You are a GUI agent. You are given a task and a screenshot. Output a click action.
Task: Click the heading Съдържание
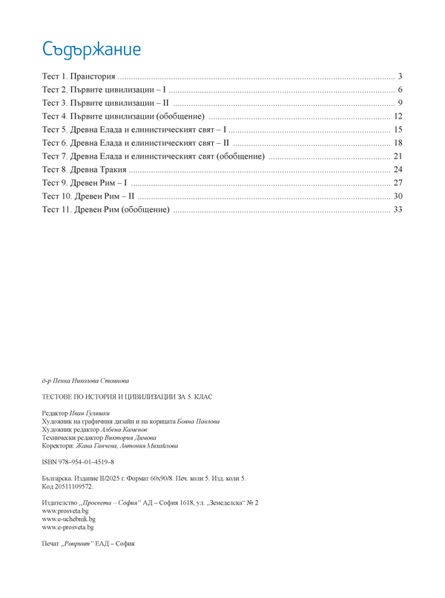[x=91, y=50]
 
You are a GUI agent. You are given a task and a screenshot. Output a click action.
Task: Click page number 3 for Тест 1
[x=399, y=76]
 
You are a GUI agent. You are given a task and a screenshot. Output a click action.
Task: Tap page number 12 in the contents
[x=398, y=116]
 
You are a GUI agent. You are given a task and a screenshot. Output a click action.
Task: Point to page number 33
[x=398, y=210]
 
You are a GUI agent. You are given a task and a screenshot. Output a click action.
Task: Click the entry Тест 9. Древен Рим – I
[x=85, y=183]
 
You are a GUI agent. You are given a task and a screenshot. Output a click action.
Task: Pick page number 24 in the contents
[x=398, y=170]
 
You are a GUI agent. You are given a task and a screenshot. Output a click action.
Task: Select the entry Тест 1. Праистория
[x=79, y=76]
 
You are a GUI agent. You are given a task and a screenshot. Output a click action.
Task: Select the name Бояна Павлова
[x=199, y=422]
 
